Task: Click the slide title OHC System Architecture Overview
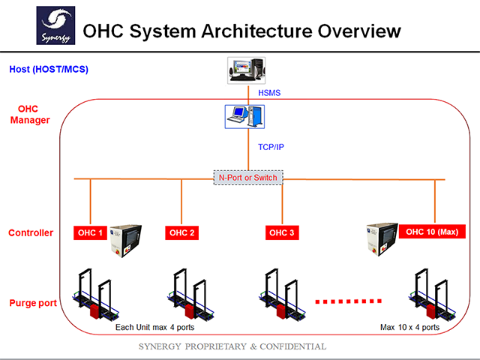coord(241,31)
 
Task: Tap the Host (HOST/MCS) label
coord(48,70)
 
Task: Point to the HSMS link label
coord(271,94)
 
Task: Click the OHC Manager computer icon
coord(245,115)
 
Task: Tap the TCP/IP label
coord(271,146)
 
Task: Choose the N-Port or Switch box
coord(248,178)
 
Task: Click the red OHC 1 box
coord(91,232)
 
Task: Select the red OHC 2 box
coord(182,232)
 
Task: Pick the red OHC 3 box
coord(283,232)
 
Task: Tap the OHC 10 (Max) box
coord(432,231)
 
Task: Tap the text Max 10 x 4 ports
coord(410,328)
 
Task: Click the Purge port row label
coord(32,303)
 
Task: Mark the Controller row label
coord(31,232)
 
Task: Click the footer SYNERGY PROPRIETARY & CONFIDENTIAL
coord(233,346)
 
